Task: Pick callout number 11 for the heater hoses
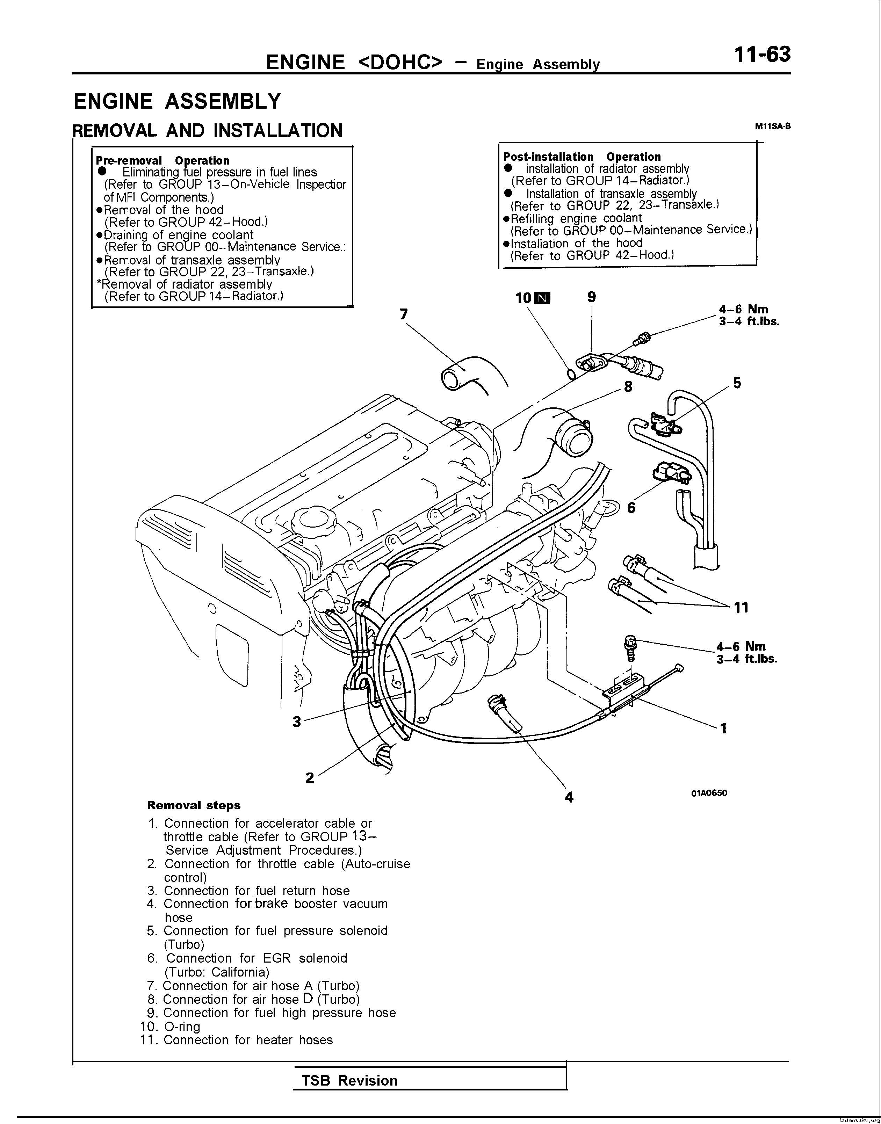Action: [x=741, y=608]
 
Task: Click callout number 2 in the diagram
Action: [x=310, y=778]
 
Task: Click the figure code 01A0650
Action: [x=709, y=793]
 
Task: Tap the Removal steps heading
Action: [x=194, y=805]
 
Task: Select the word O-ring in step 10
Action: [x=182, y=1027]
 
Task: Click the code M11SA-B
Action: [x=772, y=126]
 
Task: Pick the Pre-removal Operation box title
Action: [x=163, y=160]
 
